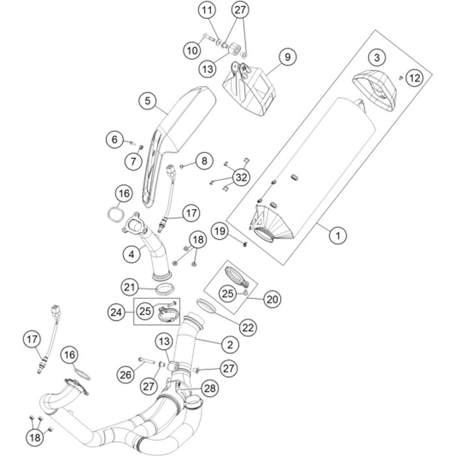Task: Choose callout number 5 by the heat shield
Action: [149, 101]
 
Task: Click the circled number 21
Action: [130, 287]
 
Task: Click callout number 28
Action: [210, 389]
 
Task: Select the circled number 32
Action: [241, 177]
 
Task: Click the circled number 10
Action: [193, 49]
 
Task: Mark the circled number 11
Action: [207, 11]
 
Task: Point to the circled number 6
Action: [115, 139]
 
